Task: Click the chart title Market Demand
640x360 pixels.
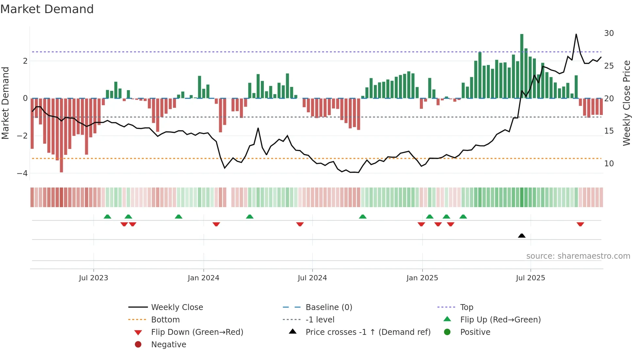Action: (x=47, y=9)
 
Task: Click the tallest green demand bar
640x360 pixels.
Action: (x=521, y=65)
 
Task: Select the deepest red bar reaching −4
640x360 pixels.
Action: (x=61, y=136)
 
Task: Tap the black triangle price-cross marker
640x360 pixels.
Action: (x=521, y=236)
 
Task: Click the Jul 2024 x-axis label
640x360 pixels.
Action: (x=312, y=278)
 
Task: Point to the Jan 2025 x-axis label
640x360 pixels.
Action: (x=422, y=278)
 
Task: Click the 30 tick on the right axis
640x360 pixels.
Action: (x=609, y=33)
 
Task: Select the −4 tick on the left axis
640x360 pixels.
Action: (x=22, y=173)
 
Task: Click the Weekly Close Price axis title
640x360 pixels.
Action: (x=626, y=103)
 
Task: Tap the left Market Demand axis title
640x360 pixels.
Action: (x=5, y=103)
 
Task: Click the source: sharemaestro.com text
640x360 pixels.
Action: (x=578, y=256)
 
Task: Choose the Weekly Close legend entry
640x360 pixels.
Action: (x=177, y=307)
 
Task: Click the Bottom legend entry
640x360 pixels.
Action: (x=165, y=319)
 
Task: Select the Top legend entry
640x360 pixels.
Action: (x=466, y=307)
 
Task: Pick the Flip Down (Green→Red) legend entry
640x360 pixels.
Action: (x=197, y=332)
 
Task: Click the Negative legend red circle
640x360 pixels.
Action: (x=138, y=344)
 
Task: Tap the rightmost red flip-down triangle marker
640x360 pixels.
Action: (x=580, y=224)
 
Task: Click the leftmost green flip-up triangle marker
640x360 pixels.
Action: (x=107, y=217)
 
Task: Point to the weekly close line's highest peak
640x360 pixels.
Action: (x=576, y=34)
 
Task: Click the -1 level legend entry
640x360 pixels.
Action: (x=320, y=319)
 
